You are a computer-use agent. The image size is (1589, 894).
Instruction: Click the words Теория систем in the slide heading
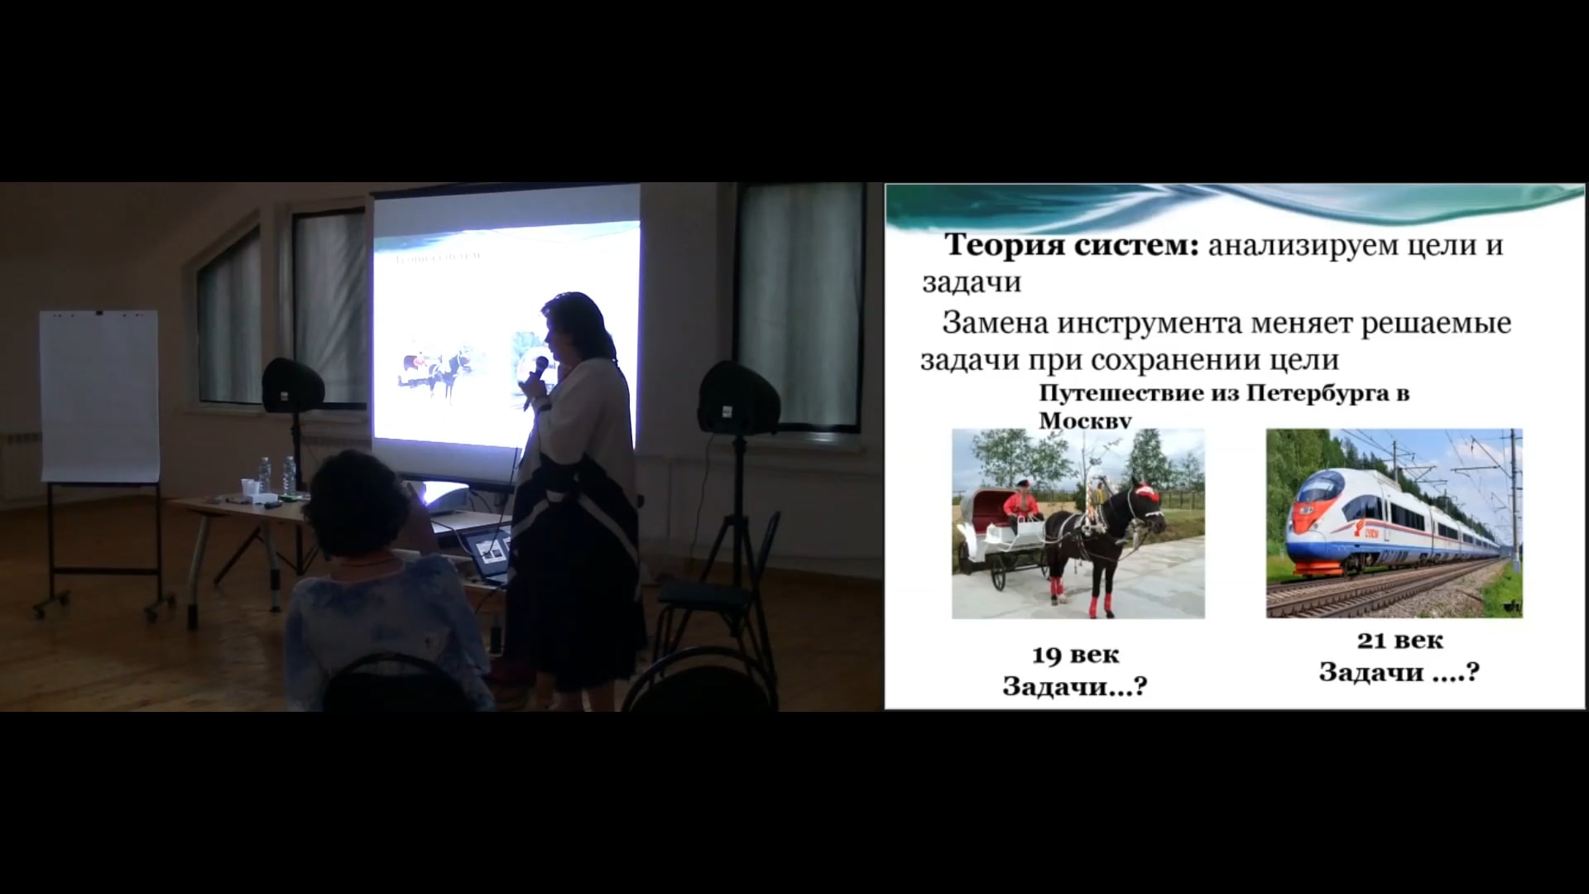pyautogui.click(x=1072, y=245)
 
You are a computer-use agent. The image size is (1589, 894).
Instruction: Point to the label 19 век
pyautogui.click(x=1075, y=655)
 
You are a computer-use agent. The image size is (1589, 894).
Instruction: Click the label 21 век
pyautogui.click(x=1400, y=640)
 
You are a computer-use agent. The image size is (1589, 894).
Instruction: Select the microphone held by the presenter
pyautogui.click(x=535, y=378)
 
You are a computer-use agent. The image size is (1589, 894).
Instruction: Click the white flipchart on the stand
pyautogui.click(x=99, y=396)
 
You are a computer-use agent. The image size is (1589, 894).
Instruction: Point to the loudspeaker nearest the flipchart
pyautogui.click(x=292, y=385)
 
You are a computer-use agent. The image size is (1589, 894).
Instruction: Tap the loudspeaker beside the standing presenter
pyautogui.click(x=737, y=398)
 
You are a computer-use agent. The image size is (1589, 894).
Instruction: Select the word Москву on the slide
pyautogui.click(x=1085, y=421)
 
